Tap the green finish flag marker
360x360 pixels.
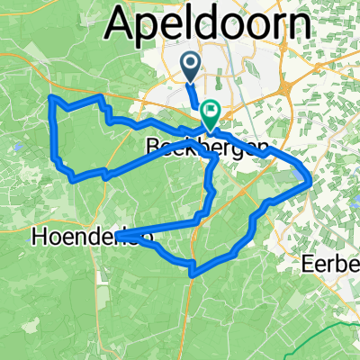click(210, 112)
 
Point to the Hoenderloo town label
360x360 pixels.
click(90, 237)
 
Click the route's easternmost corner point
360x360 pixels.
click(310, 181)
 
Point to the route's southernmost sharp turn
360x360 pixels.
click(193, 266)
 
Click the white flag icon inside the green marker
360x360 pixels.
click(210, 112)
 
